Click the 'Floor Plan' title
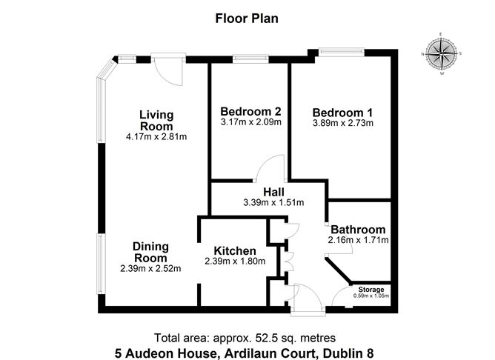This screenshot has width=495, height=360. point(247,18)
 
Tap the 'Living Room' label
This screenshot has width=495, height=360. point(156,121)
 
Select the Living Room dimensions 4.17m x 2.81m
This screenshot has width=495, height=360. point(156,136)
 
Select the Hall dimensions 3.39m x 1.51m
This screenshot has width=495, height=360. point(273,202)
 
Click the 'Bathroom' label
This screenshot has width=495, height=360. point(358,230)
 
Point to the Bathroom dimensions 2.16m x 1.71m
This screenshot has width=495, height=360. point(358,240)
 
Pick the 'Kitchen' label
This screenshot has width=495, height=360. point(235,250)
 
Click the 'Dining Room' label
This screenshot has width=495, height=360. point(150,252)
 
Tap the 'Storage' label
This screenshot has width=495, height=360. point(372,289)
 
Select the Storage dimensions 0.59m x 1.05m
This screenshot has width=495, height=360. point(372,296)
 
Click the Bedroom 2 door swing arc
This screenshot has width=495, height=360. point(271,166)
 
